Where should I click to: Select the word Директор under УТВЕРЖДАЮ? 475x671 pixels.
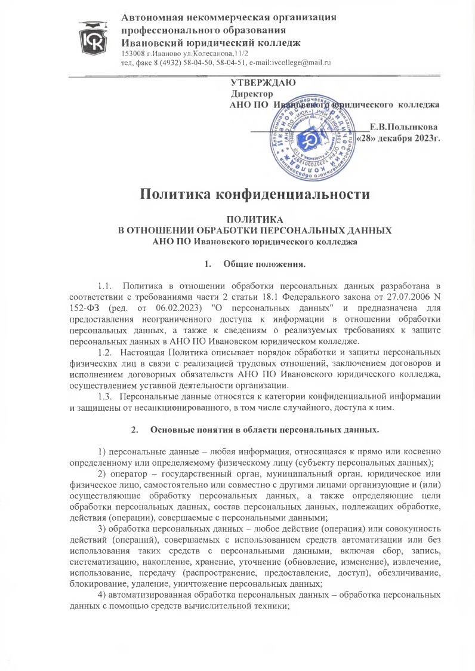tap(252, 94)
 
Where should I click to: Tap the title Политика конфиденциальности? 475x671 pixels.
tap(251, 194)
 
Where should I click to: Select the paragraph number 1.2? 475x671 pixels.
tap(105, 346)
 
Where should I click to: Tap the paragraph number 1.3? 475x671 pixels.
tap(105, 378)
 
